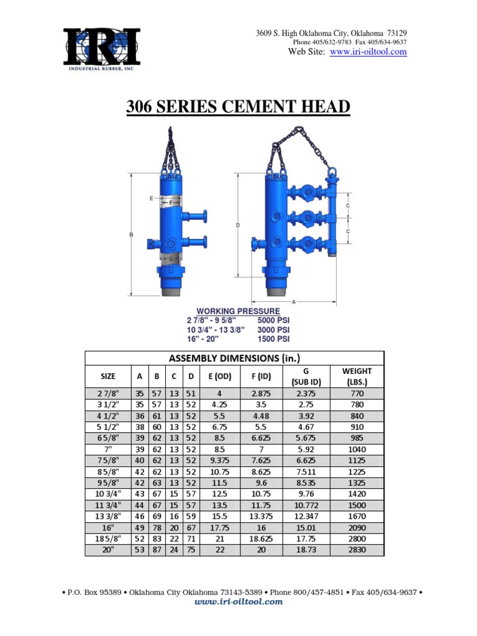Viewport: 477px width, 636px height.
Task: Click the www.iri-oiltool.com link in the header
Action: coord(368,52)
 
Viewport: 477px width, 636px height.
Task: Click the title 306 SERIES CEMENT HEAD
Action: coord(238,108)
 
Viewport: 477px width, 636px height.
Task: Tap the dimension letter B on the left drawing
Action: coord(130,234)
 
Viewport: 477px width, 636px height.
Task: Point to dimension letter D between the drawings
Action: coord(238,225)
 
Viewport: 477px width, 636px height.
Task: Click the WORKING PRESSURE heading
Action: coord(238,311)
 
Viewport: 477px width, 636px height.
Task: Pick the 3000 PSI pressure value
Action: coord(274,329)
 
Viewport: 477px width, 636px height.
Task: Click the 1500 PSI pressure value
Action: coord(274,338)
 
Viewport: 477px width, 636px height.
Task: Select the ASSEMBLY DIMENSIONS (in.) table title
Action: coord(235,358)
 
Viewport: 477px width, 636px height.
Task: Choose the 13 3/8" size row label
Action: coord(108,516)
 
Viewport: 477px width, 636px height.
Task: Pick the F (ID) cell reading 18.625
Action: coord(261,538)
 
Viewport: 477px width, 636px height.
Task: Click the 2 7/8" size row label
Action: coord(108,393)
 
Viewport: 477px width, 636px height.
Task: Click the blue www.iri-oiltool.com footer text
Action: coord(238,602)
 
